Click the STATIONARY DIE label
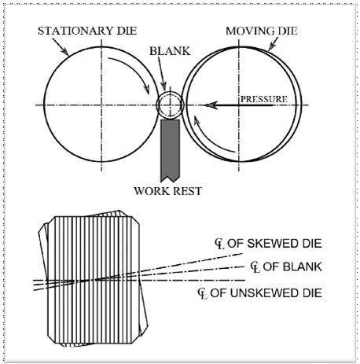[87, 31]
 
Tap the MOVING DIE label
[262, 31]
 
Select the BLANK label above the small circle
[170, 51]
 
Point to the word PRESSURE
[264, 99]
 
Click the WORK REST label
[168, 191]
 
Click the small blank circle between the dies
[170, 105]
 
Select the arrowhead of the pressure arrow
[211, 105]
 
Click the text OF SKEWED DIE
[274, 244]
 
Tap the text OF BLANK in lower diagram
[292, 267]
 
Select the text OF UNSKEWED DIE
[266, 293]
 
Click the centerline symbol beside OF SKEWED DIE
[219, 245]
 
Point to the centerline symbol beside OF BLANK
[255, 267]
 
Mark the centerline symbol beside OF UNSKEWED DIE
[203, 294]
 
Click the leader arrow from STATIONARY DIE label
[61, 47]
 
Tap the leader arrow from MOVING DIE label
[273, 44]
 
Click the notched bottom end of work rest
[171, 178]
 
